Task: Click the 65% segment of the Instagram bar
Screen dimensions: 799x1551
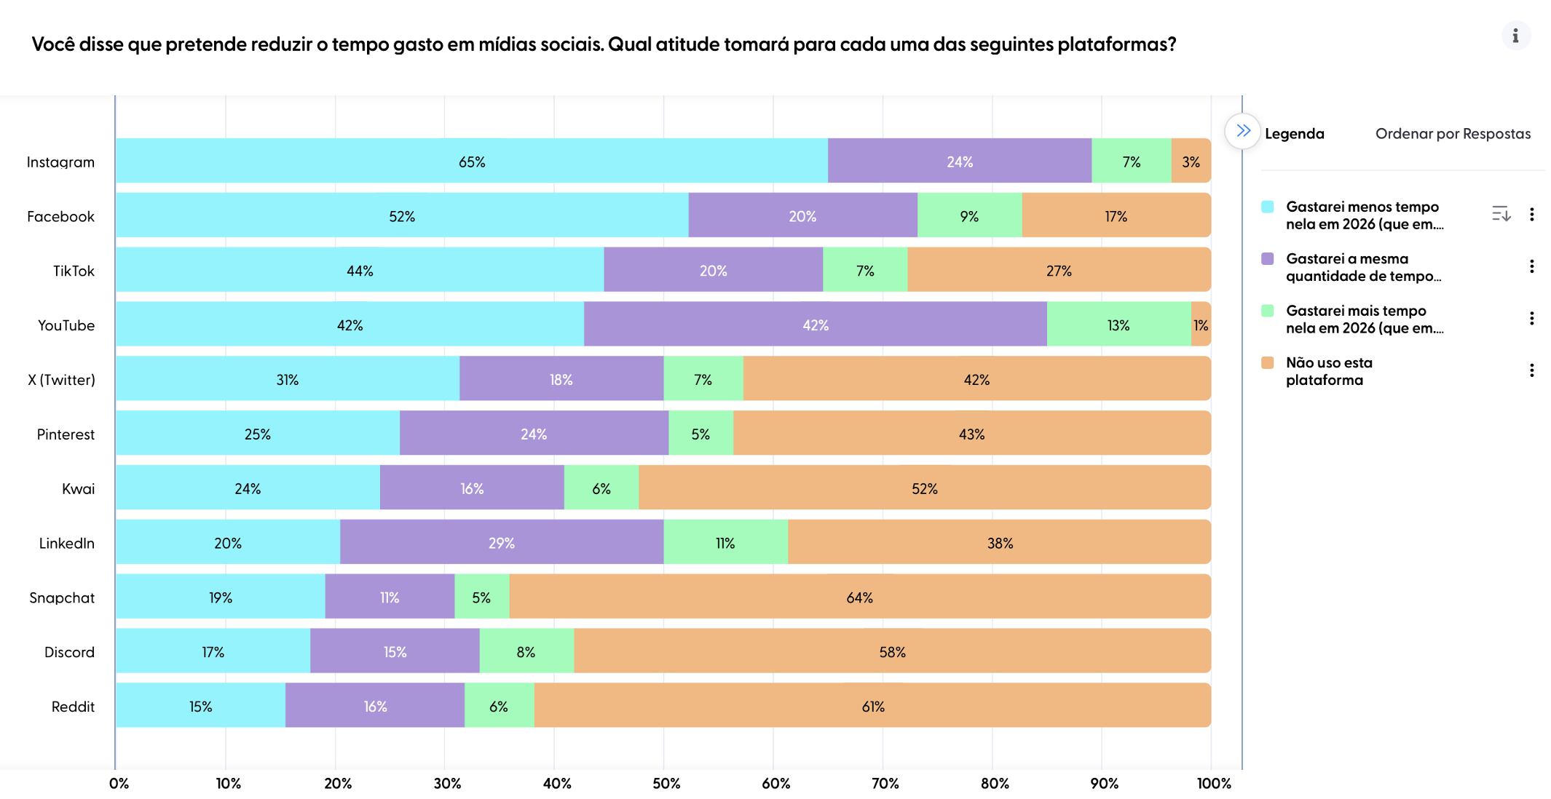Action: click(x=472, y=161)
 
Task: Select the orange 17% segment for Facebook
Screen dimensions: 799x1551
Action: click(x=1116, y=215)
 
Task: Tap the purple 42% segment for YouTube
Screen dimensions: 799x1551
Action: click(x=815, y=325)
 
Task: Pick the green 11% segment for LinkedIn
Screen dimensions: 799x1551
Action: click(x=725, y=542)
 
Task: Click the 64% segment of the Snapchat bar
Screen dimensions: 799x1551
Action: click(x=859, y=597)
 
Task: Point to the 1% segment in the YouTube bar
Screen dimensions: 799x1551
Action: click(x=1201, y=325)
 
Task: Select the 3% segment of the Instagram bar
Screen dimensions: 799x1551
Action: click(x=1191, y=161)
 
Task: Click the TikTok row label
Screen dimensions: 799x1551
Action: click(x=74, y=271)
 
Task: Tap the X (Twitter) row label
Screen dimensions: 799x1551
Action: click(x=61, y=379)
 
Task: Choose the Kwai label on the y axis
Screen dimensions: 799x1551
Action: click(x=78, y=488)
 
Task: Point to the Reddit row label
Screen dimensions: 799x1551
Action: click(x=73, y=706)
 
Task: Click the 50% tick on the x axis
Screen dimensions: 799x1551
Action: click(x=666, y=783)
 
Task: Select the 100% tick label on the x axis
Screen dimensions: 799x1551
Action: click(x=1214, y=783)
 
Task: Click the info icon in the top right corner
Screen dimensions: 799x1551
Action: click(x=1515, y=36)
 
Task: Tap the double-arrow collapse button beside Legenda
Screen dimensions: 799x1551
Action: click(x=1242, y=132)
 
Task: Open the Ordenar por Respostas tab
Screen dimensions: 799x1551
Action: click(x=1452, y=133)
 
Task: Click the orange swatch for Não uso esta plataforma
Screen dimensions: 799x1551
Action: click(x=1268, y=362)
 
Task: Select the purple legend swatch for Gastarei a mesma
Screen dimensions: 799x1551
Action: click(x=1268, y=259)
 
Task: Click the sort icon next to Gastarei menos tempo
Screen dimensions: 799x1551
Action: click(x=1501, y=214)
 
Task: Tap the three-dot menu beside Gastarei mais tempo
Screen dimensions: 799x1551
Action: click(x=1531, y=318)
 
